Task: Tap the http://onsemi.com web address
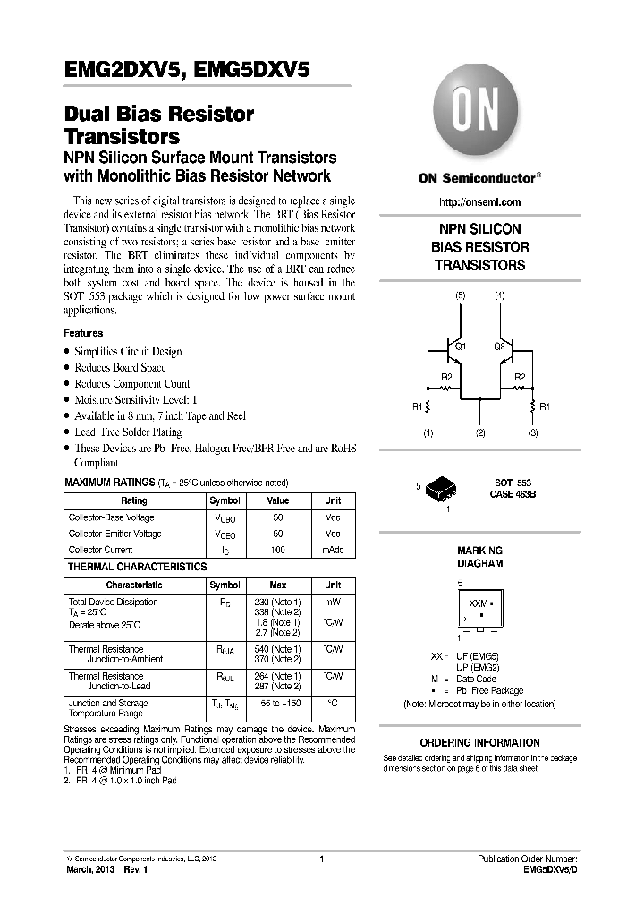coord(480,202)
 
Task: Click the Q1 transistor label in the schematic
coord(460,346)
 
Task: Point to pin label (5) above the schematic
coord(461,295)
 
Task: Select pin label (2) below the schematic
coord(480,433)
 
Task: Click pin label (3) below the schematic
coord(533,433)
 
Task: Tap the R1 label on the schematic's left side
coord(417,406)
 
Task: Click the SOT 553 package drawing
coord(440,489)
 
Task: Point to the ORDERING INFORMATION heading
coord(480,742)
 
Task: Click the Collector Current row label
coord(100,550)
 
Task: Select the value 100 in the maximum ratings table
coord(278,550)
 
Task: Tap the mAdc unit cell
coord(333,550)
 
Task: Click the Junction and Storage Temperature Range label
coord(108,708)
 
